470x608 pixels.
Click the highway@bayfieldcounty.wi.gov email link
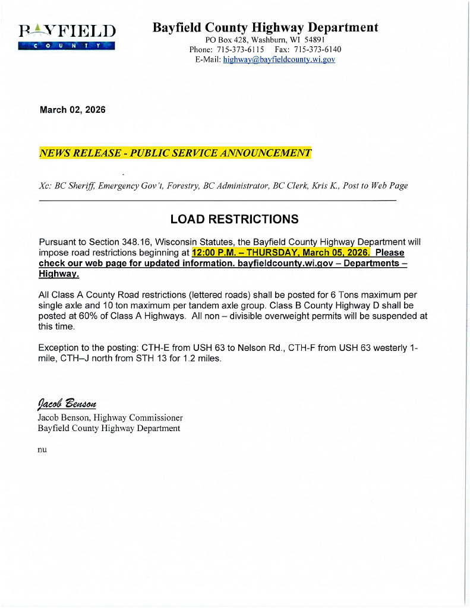point(279,60)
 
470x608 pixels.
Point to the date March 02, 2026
point(72,110)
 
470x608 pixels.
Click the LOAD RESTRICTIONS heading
point(234,219)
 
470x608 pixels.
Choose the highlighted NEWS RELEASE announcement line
point(175,153)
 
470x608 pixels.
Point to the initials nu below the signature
point(42,449)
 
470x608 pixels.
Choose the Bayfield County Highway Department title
point(265,27)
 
